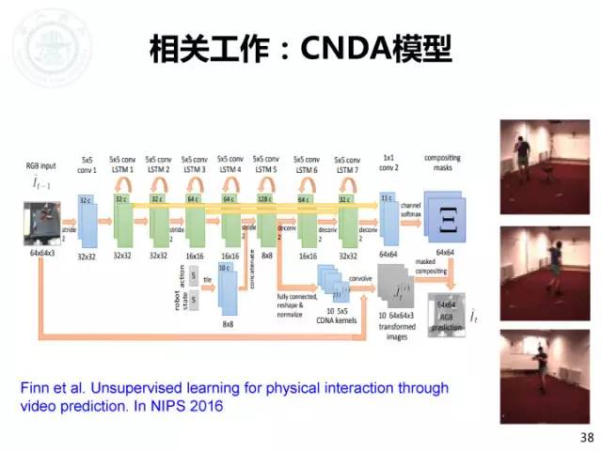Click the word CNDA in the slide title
pyautogui.click(x=347, y=49)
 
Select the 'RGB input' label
pyautogui.click(x=40, y=165)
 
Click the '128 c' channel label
pyautogui.click(x=266, y=199)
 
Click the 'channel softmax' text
pyautogui.click(x=411, y=211)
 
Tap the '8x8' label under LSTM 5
pyautogui.click(x=267, y=255)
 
